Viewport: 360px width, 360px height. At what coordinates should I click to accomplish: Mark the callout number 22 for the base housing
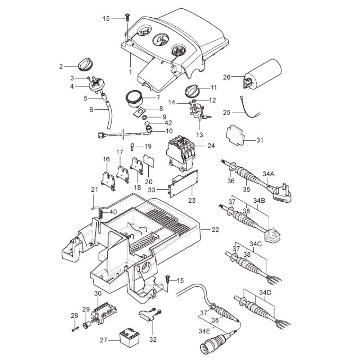tap(215, 229)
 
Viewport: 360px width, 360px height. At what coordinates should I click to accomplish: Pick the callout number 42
tap(159, 122)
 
